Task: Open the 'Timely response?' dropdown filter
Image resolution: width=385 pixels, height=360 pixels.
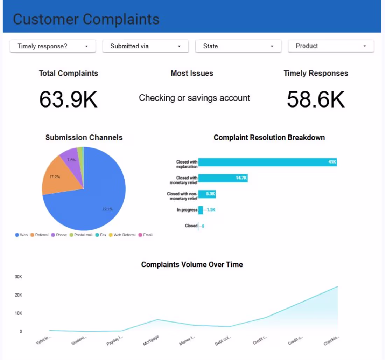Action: click(52, 46)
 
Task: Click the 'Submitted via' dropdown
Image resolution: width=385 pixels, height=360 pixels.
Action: click(145, 46)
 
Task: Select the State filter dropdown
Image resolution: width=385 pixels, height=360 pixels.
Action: click(238, 46)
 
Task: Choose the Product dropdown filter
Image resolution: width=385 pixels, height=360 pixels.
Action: click(331, 46)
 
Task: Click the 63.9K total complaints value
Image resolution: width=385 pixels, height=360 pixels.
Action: click(68, 99)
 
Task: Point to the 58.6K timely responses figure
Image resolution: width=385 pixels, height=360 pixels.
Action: click(316, 99)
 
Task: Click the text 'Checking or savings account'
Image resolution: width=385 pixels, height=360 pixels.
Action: click(194, 98)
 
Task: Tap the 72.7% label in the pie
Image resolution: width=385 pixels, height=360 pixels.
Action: click(107, 209)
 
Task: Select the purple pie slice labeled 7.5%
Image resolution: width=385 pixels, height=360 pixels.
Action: click(71, 160)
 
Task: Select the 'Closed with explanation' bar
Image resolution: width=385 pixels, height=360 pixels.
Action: click(267, 162)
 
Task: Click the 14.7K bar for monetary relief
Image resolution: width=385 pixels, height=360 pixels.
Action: click(223, 178)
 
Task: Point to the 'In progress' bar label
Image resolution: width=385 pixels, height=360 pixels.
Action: click(187, 210)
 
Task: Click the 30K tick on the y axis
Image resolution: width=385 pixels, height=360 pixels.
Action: click(19, 277)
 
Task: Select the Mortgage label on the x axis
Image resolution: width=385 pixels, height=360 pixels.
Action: click(151, 340)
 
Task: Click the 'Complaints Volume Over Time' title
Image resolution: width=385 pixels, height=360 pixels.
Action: click(192, 265)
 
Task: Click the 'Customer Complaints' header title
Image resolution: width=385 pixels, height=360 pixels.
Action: click(86, 19)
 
